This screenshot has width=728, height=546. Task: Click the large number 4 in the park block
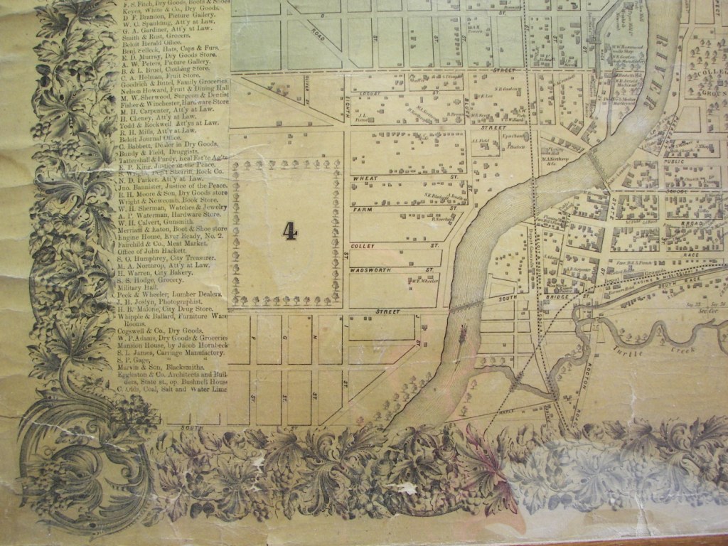(x=289, y=230)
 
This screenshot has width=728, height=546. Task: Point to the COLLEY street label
(x=363, y=246)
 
